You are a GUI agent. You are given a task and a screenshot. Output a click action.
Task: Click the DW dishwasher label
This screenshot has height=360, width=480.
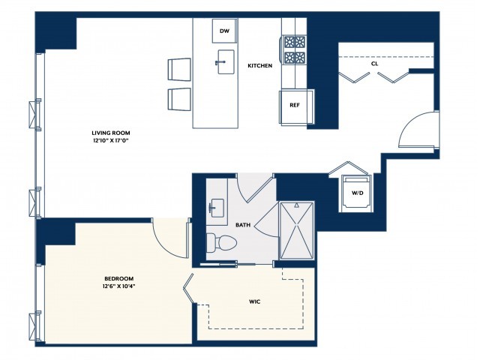pos(224,31)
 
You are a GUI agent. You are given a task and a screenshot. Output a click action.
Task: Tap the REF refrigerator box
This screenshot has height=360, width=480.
pos(295,105)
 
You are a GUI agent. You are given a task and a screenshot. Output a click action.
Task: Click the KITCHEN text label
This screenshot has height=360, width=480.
pos(259,66)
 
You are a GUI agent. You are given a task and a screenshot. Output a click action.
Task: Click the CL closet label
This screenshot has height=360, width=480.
pos(373,64)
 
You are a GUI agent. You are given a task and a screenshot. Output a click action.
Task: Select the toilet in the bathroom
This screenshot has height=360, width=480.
pos(222,243)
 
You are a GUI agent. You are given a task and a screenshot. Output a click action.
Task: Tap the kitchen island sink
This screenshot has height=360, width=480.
pos(225,64)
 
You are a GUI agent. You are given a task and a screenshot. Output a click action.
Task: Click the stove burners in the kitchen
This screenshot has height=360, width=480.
pos(294,49)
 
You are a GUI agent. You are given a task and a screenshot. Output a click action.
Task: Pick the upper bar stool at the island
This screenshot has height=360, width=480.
pos(180,68)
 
